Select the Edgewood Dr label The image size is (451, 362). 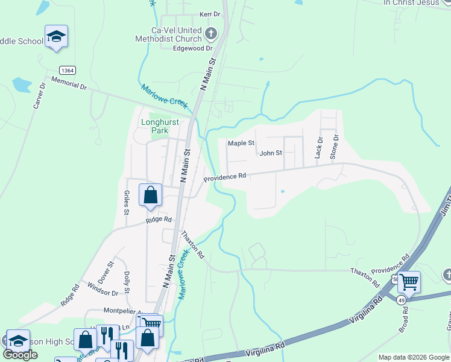coord(193,48)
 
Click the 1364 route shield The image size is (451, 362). coord(67,71)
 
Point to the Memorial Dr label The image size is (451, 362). coord(69,83)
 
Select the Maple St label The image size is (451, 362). coord(241,144)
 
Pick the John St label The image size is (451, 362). coord(271,153)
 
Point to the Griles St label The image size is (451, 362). coord(127,203)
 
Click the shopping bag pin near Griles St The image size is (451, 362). coord(150,195)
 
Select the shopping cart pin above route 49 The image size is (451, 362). coord(409,281)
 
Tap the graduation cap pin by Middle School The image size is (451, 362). coord(56,37)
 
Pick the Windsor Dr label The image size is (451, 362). coord(102,288)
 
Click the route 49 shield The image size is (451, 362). coord(402,299)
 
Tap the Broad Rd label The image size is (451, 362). coord(405,319)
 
